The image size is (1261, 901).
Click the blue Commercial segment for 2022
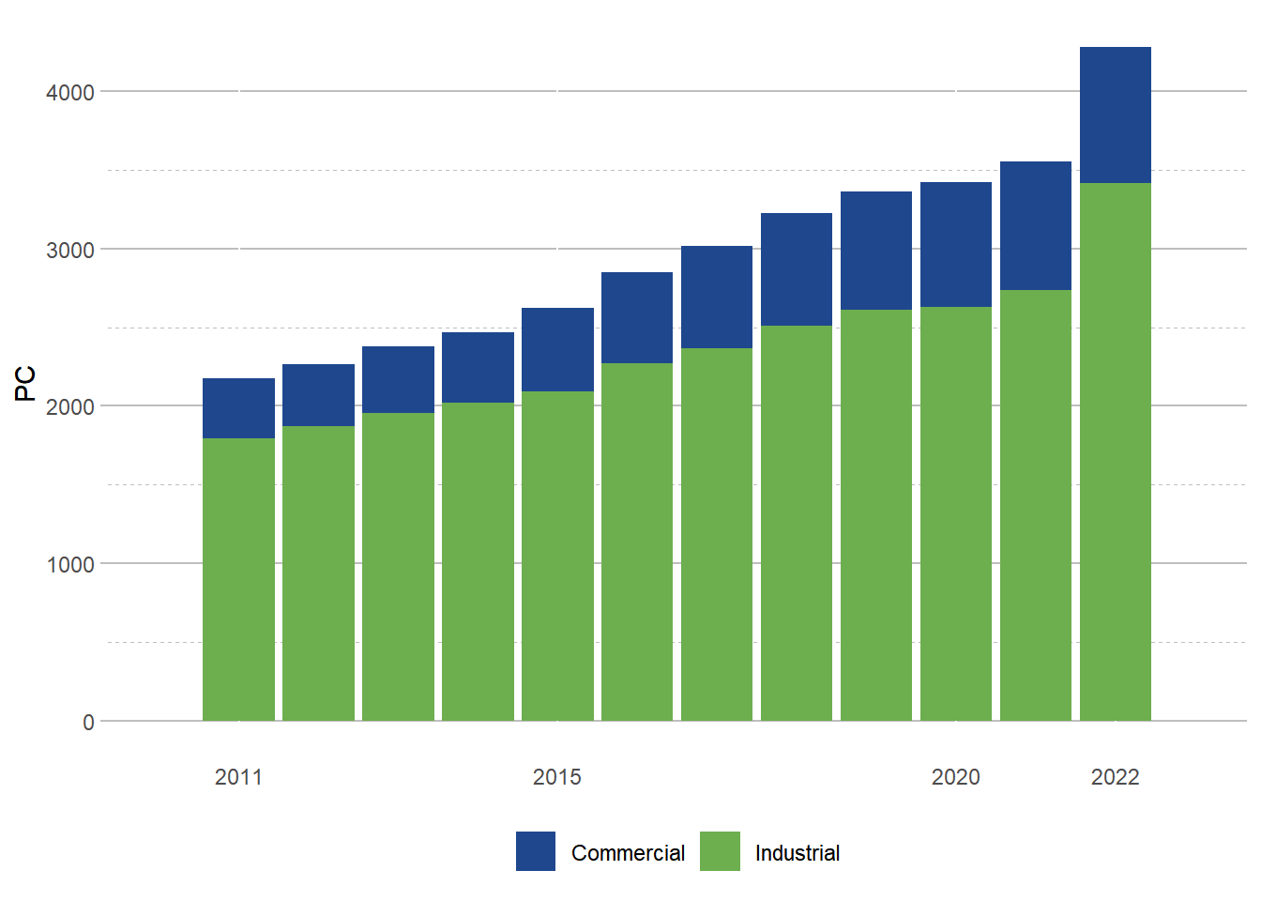[1115, 115]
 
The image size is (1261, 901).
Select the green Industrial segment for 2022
[1115, 451]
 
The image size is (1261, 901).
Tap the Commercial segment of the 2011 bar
[238, 408]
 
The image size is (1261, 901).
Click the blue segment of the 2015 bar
[557, 349]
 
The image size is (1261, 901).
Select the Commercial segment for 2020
[955, 244]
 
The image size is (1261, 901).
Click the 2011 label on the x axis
[238, 777]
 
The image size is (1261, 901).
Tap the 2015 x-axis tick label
[557, 777]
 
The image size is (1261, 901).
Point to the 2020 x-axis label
[955, 777]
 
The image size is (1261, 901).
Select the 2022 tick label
[1115, 777]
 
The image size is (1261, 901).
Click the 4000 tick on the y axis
[70, 92]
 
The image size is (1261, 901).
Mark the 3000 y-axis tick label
[70, 250]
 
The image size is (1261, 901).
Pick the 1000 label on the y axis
[70, 564]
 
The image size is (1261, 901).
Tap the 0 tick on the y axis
[88, 722]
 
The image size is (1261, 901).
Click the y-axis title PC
[25, 383]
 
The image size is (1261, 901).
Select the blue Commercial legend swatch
[536, 851]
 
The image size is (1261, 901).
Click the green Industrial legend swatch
[720, 851]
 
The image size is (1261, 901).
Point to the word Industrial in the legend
[797, 853]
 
